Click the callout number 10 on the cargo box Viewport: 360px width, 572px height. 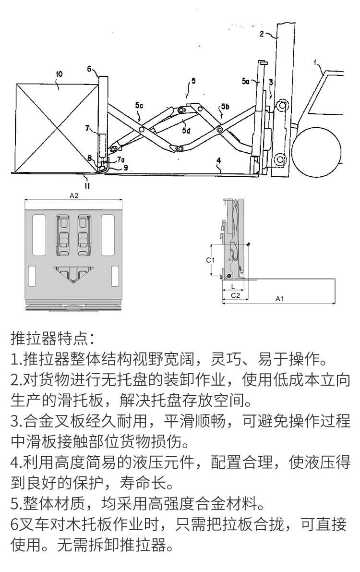pos(59,74)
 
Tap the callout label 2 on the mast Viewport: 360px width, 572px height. pos(262,33)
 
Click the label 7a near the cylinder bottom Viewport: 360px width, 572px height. pos(120,159)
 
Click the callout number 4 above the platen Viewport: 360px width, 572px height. pos(218,160)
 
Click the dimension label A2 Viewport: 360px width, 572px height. pos(73,196)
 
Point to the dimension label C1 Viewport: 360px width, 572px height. pos(210,260)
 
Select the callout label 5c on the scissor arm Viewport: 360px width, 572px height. pos(139,104)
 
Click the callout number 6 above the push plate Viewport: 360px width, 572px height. pos(89,69)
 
